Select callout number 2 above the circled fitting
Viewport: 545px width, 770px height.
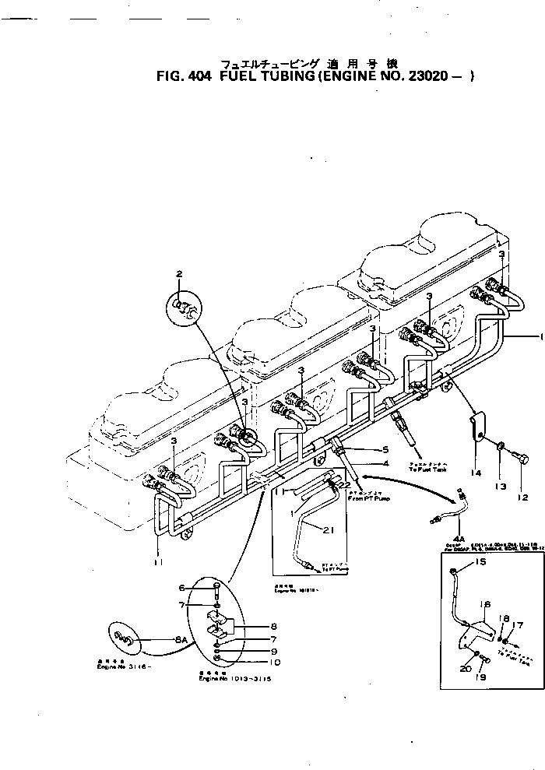(178, 273)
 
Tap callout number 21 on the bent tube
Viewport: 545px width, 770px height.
(327, 530)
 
